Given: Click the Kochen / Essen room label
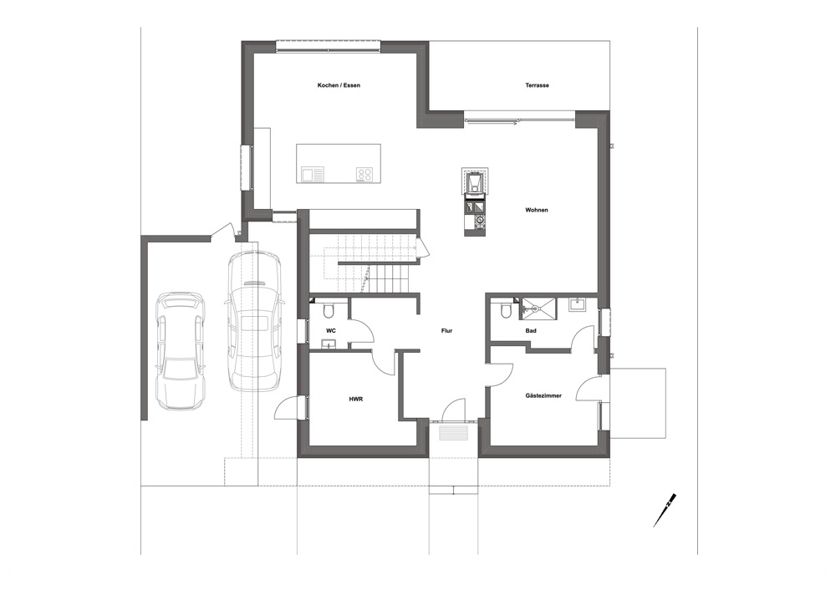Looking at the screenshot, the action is (x=339, y=85).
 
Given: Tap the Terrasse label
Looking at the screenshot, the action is (x=537, y=85).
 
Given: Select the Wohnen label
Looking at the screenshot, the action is (x=537, y=210).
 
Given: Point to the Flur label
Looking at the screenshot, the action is (x=446, y=331).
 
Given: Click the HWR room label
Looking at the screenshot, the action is (x=355, y=399).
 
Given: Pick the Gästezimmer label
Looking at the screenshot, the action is (x=543, y=396).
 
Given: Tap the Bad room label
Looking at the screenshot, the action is (x=531, y=331).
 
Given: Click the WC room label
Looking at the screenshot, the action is (x=330, y=331).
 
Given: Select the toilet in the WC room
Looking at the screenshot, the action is (x=329, y=309).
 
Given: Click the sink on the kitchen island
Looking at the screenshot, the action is (x=313, y=174).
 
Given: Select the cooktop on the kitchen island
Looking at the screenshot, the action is (x=364, y=174).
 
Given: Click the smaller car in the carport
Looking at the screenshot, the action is (x=181, y=351).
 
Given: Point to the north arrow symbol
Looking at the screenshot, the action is (x=665, y=509).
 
